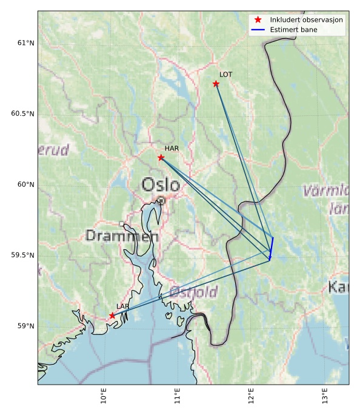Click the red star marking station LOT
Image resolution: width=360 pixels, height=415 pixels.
coord(216,83)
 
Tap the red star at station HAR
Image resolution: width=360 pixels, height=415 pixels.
coord(161,157)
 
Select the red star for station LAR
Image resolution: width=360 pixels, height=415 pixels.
coord(112,315)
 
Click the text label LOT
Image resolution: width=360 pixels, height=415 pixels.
coord(225,75)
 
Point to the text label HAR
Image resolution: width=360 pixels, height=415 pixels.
coord(172,148)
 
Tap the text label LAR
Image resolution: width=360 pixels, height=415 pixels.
coord(123,306)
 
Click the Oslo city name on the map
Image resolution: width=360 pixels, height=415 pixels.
coord(161,184)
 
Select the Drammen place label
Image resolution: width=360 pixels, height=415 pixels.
coord(122,236)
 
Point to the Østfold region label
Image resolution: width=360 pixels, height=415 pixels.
coord(193,292)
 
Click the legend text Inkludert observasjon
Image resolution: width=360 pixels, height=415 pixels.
coord(307,20)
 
